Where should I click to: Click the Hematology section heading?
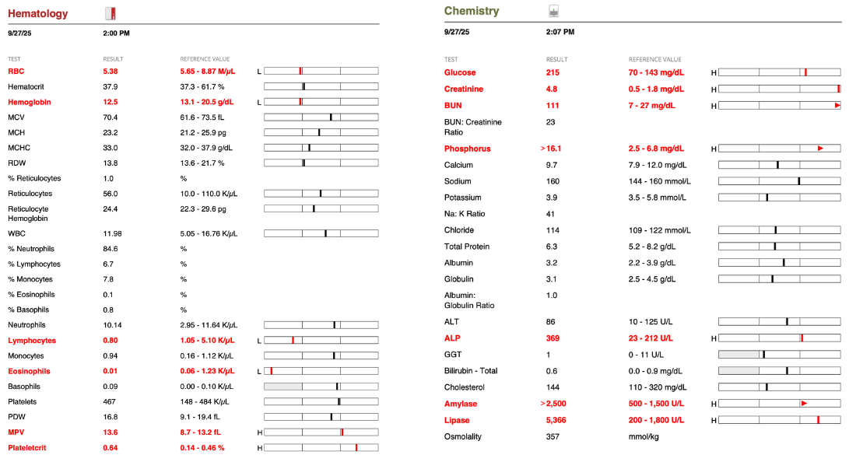tap(37, 13)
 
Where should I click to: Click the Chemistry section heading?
tap(472, 12)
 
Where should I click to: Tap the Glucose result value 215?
tap(553, 72)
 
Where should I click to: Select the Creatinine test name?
tap(464, 89)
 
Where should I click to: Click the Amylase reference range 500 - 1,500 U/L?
tap(656, 404)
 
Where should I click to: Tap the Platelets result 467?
tap(110, 401)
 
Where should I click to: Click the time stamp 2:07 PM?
tap(560, 33)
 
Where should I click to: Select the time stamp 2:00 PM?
tap(116, 33)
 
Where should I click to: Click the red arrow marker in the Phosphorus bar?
tap(820, 148)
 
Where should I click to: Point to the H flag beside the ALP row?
tap(714, 338)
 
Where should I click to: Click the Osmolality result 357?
tap(553, 436)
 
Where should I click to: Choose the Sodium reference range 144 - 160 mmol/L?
tap(659, 181)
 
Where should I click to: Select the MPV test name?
tap(16, 432)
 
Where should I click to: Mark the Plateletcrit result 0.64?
tap(111, 447)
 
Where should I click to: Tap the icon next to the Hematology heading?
tap(111, 12)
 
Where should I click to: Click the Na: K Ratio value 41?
tap(550, 214)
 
